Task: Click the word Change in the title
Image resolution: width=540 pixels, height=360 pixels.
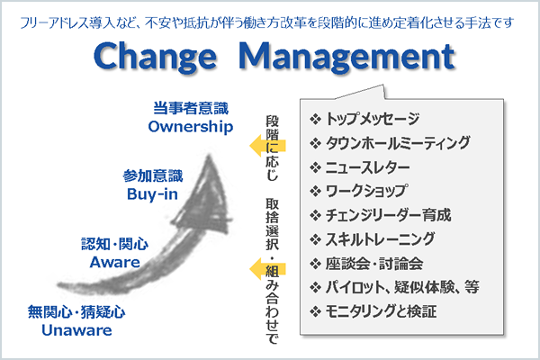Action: [155, 57]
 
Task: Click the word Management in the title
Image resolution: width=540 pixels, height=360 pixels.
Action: [346, 57]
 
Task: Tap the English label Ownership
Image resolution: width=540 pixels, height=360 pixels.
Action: [191, 127]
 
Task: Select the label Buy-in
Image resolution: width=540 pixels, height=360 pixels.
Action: [152, 194]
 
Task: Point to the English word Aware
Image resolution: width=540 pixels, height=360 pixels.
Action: [114, 262]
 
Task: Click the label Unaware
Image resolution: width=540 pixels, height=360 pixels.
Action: [76, 330]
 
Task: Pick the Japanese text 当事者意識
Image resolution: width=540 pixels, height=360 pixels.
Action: [191, 108]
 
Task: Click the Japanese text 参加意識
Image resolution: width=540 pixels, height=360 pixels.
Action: [153, 175]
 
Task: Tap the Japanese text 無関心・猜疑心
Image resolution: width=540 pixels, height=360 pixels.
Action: [76, 312]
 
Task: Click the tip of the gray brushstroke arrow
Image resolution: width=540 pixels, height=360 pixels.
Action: [209, 155]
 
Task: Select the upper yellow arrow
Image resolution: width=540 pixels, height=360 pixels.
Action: [267, 146]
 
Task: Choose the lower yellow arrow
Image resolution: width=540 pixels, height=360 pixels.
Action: [267, 269]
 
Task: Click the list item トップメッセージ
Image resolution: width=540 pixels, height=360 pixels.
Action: [373, 119]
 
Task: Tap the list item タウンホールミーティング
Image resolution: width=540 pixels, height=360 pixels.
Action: [398, 142]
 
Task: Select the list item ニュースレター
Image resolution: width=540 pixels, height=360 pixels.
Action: [367, 167]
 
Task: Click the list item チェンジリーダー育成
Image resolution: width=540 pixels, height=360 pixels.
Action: [388, 215]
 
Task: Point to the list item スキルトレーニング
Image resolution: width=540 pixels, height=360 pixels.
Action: [380, 239]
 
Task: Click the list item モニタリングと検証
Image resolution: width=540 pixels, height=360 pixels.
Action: [381, 311]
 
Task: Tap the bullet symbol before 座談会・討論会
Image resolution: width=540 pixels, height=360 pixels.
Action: [315, 264]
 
